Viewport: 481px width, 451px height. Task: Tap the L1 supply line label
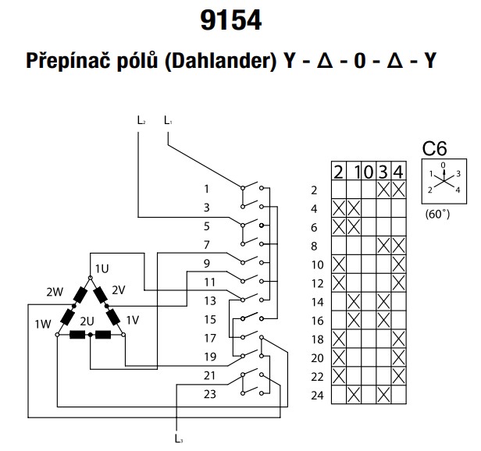(169, 120)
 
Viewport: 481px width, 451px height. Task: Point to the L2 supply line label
(141, 120)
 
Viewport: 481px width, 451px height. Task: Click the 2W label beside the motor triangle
(54, 292)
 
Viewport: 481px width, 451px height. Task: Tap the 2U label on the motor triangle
(87, 321)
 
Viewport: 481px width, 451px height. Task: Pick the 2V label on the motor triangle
(118, 290)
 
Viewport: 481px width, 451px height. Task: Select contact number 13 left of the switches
(206, 300)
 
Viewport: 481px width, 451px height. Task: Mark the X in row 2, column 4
(399, 190)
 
